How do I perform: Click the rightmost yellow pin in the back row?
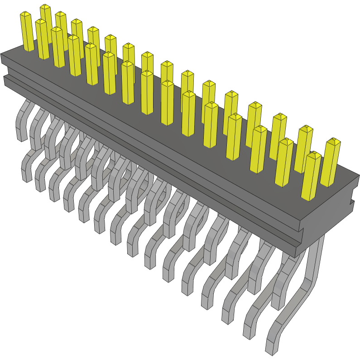coord(331,163)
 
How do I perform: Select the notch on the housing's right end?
coord(352,202)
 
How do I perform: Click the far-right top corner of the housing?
coord(358,177)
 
